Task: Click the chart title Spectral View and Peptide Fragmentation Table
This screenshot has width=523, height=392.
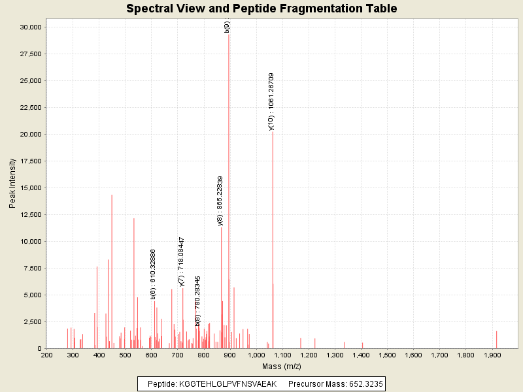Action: click(x=261, y=8)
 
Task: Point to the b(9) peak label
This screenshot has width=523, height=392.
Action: click(x=227, y=27)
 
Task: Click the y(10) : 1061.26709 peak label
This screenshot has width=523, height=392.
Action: click(x=271, y=101)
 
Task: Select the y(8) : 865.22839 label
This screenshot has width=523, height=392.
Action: click(x=220, y=201)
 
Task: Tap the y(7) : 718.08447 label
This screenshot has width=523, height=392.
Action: click(x=182, y=261)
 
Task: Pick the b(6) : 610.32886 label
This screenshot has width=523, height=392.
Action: click(x=153, y=274)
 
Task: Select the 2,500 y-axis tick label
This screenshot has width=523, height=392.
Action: click(x=33, y=321)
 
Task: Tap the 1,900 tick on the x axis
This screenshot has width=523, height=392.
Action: click(x=492, y=355)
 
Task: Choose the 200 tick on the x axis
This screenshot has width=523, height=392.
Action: click(x=46, y=355)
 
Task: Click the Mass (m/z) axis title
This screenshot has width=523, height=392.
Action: click(x=282, y=367)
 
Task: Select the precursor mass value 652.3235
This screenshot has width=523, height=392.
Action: click(x=363, y=384)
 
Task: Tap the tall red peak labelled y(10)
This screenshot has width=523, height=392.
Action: click(x=273, y=242)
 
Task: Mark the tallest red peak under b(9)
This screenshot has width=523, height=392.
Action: click(x=228, y=196)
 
